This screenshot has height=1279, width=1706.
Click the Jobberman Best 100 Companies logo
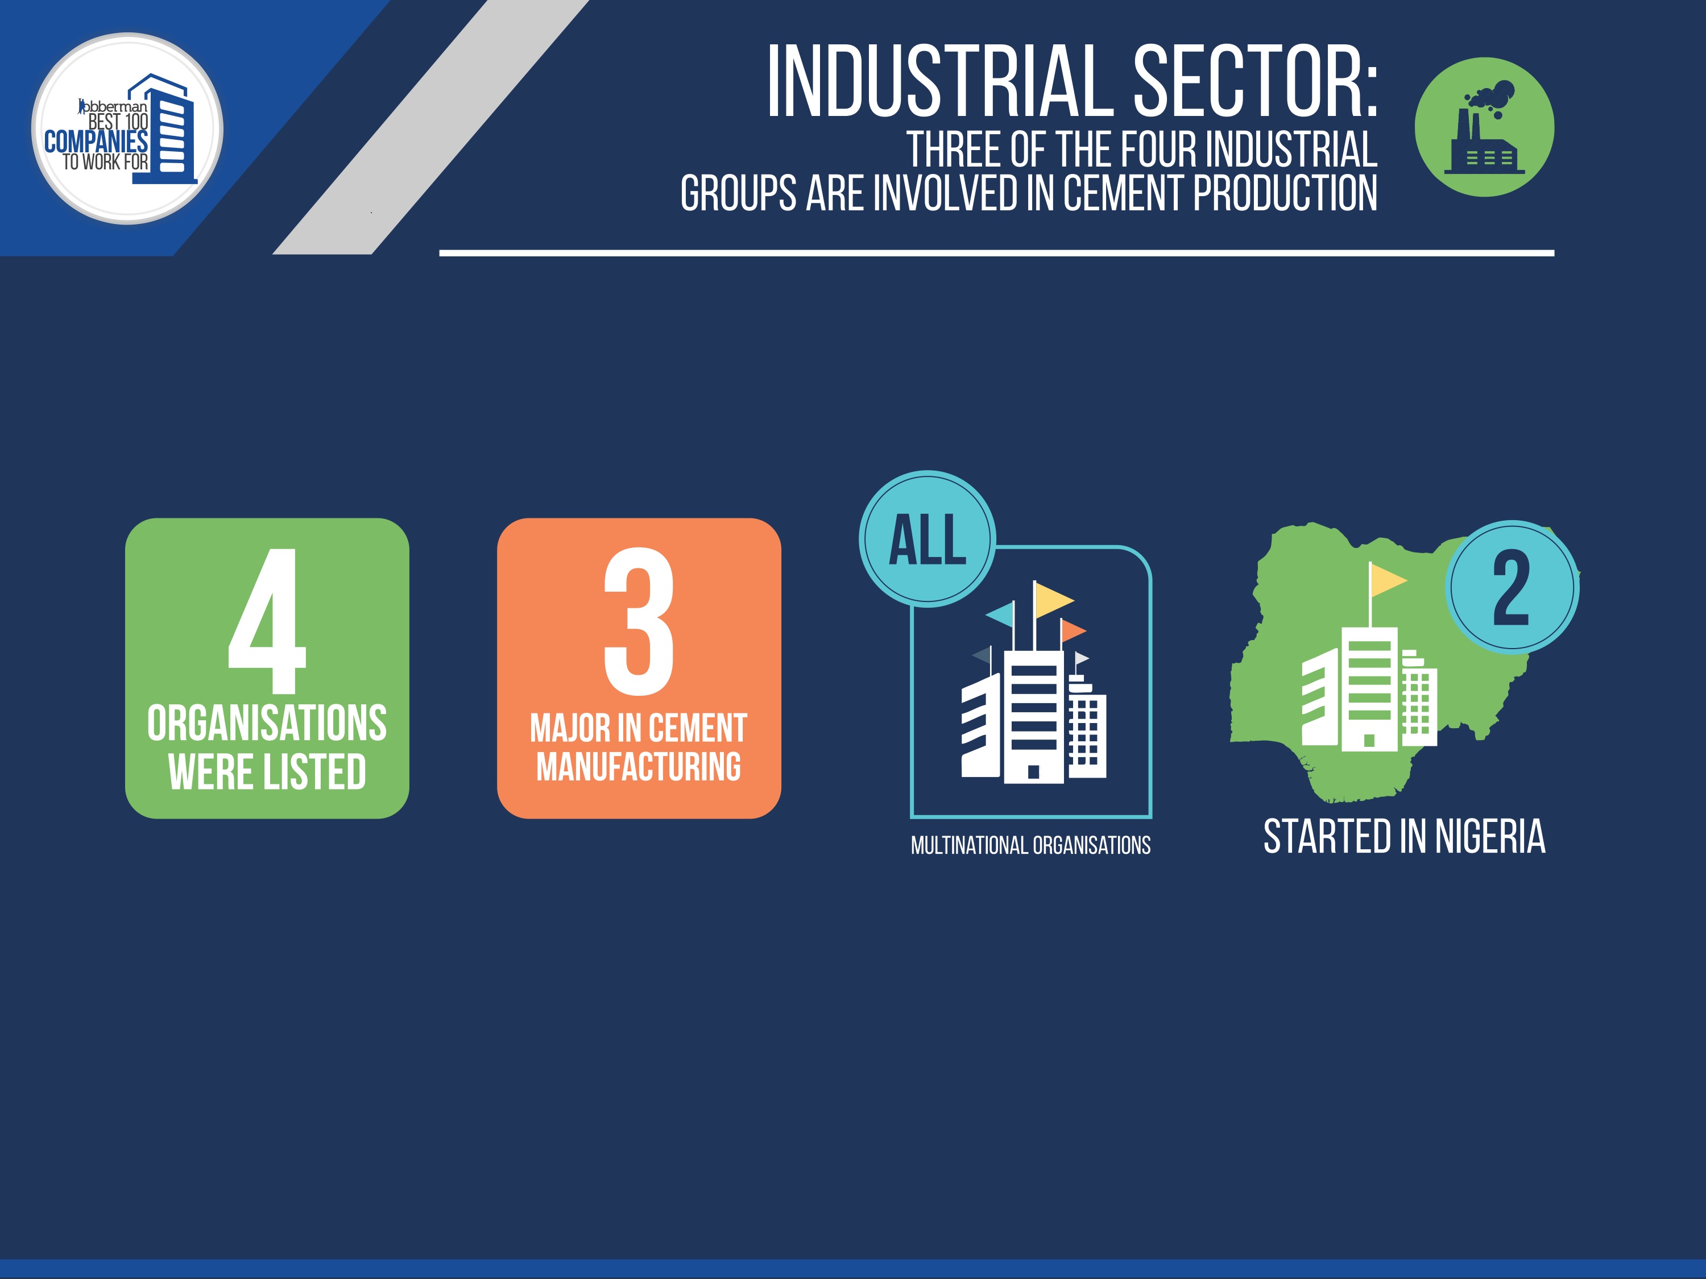[127, 128]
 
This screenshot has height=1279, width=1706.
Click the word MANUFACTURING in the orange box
[639, 766]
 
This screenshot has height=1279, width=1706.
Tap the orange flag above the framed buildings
[1074, 630]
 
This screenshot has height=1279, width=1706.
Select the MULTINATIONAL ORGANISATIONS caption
[1030, 846]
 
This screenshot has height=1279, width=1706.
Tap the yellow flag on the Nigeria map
[1388, 580]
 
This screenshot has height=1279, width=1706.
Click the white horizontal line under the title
[996, 253]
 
